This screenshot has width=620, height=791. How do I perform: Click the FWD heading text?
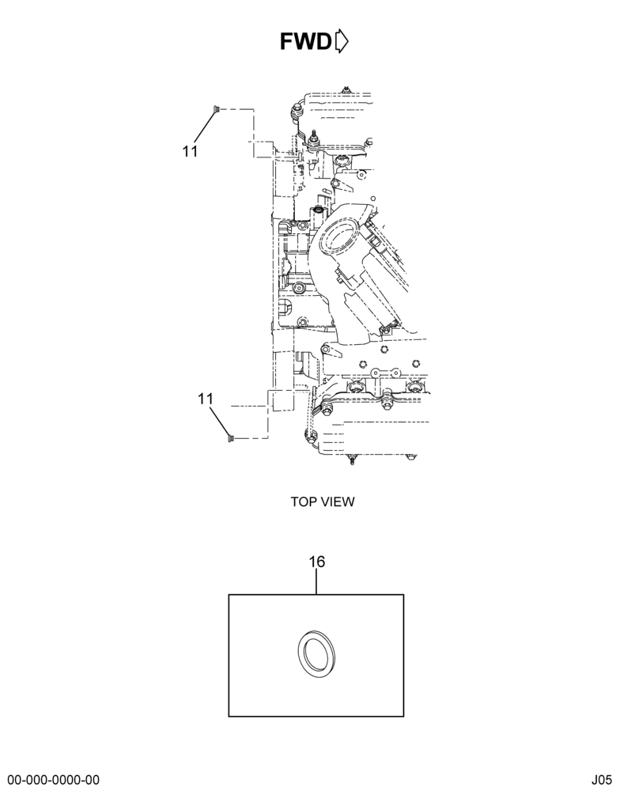point(306,42)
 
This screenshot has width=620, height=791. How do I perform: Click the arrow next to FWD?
point(342,41)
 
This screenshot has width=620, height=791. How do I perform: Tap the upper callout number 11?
point(190,151)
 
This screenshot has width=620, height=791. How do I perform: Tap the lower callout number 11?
point(206,399)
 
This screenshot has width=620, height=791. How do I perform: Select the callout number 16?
point(317,562)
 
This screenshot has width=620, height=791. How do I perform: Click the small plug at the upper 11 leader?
point(216,109)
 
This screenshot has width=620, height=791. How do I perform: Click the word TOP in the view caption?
point(303,502)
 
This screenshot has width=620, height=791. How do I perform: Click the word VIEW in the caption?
point(336,502)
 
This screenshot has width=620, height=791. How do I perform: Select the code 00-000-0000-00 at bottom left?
point(53,780)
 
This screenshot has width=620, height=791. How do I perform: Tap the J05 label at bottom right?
point(603,780)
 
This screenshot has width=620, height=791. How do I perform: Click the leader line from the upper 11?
point(204,127)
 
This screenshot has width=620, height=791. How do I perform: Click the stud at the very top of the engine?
point(346,90)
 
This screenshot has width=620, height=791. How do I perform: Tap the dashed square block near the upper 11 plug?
point(263,149)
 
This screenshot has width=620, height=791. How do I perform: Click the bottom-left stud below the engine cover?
point(352,460)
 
